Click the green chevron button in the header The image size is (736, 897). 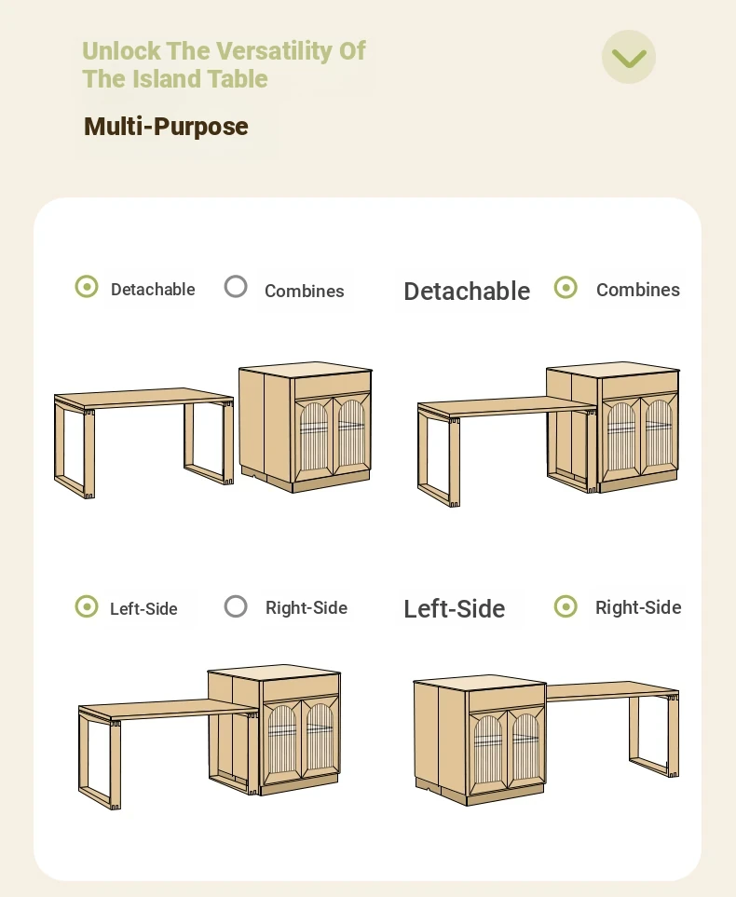[629, 57]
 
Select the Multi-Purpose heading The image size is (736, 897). [166, 127]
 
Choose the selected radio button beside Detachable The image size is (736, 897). [87, 286]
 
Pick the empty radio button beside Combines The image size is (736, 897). [236, 287]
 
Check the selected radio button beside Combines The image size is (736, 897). [566, 287]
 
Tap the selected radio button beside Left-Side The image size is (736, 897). [87, 606]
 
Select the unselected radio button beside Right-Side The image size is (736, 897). [236, 606]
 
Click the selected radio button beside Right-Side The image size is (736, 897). [566, 606]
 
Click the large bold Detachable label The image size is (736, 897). [467, 292]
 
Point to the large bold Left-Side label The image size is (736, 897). [455, 608]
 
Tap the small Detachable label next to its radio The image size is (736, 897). [153, 290]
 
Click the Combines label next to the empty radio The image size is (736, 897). [305, 292]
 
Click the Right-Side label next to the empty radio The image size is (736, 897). [307, 607]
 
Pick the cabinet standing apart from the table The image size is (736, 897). [306, 427]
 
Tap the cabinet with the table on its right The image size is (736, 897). [480, 741]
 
